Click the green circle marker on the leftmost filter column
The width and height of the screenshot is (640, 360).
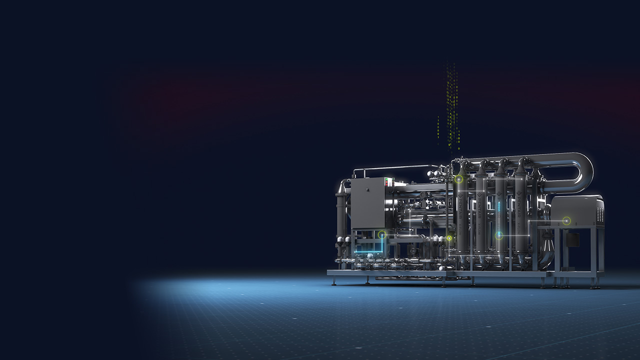458,179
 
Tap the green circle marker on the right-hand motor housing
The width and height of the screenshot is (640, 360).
566,220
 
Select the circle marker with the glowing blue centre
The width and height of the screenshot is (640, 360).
499,235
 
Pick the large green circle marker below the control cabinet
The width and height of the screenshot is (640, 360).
382,234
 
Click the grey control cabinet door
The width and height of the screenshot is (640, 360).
367,203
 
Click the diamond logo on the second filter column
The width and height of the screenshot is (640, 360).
480,194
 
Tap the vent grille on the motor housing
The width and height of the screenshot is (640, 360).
599,214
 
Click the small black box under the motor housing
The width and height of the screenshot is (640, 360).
571,239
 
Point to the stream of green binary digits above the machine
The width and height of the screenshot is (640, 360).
452,105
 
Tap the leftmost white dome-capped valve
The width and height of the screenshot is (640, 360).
340,240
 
